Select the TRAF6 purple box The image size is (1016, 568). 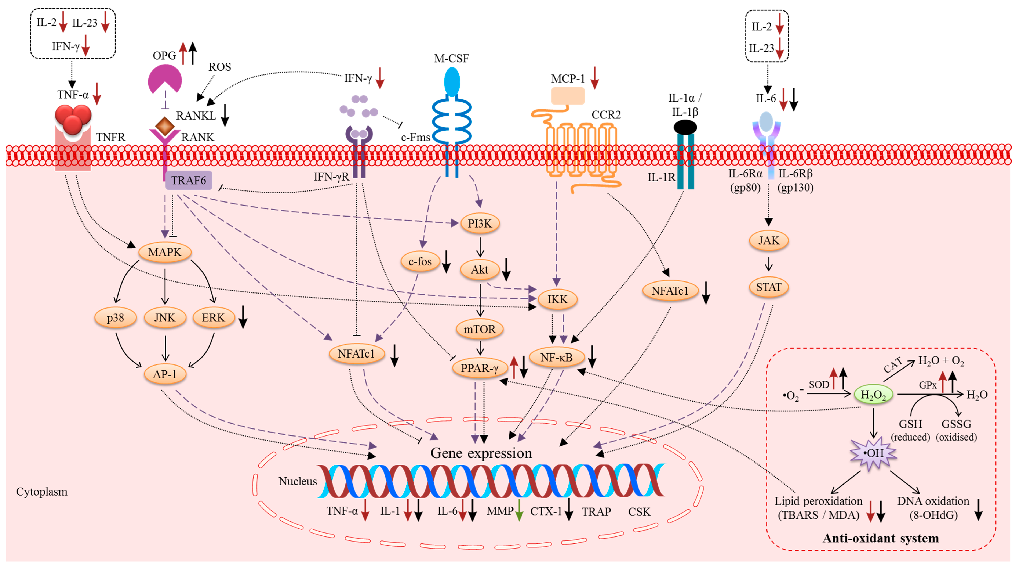(189, 181)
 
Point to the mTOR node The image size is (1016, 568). (480, 329)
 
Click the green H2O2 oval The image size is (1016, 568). (873, 395)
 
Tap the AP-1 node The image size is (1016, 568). (165, 374)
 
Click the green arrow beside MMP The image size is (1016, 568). (519, 510)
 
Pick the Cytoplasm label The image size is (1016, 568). (42, 492)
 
